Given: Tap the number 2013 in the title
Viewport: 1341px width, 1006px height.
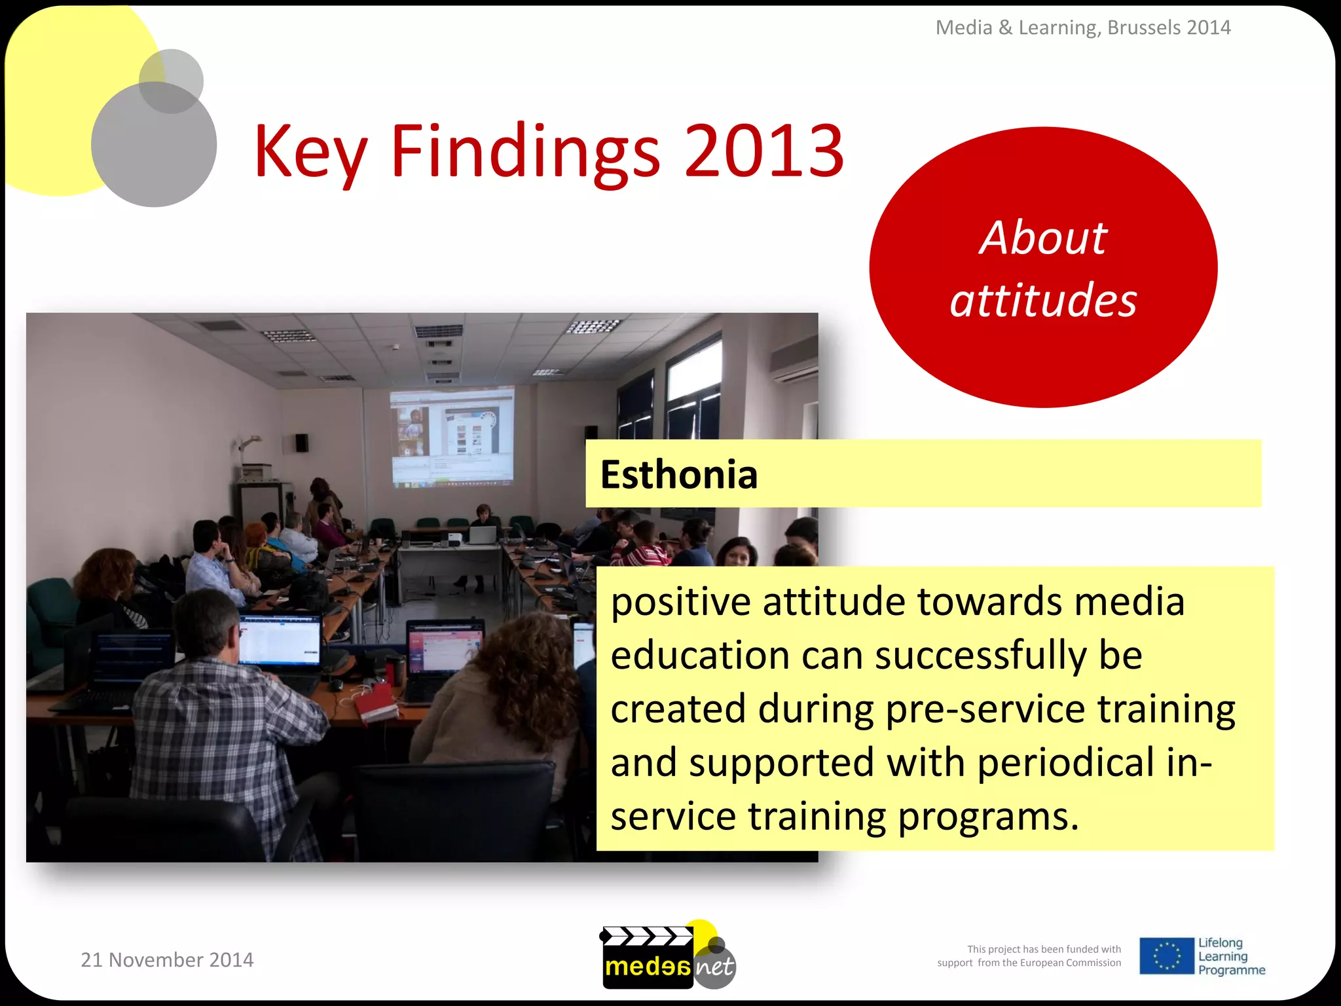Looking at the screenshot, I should coord(763,152).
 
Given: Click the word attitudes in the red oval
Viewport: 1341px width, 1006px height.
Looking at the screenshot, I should coord(1043,300).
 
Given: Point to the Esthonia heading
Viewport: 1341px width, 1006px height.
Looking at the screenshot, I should coord(679,474).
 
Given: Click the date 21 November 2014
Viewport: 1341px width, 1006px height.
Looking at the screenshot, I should coord(167,959).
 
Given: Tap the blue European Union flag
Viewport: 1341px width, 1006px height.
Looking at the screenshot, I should coord(1166,956).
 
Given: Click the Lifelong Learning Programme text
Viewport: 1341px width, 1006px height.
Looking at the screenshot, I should coord(1230,956).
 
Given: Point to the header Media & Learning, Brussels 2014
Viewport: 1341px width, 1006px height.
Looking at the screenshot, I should coord(1082,28).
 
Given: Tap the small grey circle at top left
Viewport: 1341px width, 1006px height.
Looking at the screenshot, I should coord(172,81).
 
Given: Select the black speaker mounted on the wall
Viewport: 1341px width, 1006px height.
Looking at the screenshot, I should coord(301,443).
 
